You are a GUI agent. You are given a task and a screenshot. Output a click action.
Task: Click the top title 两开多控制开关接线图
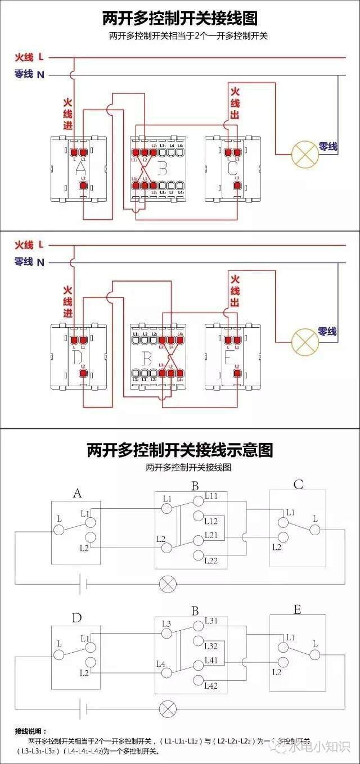tap(179, 18)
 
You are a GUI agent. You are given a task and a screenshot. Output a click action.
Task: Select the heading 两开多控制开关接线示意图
tap(179, 450)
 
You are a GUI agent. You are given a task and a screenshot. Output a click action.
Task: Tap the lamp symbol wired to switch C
tap(304, 153)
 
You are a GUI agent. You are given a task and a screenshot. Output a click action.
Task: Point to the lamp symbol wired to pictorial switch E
tap(304, 341)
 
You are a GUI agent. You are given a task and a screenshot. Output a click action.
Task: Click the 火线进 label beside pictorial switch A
tap(67, 114)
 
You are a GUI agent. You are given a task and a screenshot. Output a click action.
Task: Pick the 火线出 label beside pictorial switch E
tap(235, 290)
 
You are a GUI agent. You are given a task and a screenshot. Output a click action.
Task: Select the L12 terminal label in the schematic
tap(211, 521)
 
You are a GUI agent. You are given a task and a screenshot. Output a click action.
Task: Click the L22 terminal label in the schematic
tap(211, 560)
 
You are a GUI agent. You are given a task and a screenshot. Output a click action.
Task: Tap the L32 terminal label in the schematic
tap(211, 646)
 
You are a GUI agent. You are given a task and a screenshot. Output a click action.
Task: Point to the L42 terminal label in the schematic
tap(211, 685)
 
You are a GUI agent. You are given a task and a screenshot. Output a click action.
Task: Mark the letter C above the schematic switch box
tap(298, 484)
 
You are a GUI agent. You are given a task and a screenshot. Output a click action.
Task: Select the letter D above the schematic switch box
tap(76, 618)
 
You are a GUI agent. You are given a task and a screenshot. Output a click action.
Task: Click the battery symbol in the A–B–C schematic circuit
tap(82, 584)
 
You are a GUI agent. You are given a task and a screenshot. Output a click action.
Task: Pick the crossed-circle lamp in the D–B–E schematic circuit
tap(167, 708)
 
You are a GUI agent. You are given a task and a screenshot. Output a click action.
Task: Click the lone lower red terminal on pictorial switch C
tap(237, 185)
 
